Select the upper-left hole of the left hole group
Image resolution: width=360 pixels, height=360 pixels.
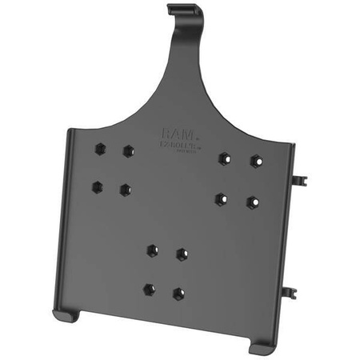[99, 147]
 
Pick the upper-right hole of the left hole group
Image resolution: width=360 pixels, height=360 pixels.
[128, 150]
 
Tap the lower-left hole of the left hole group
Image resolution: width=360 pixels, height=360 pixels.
[97, 186]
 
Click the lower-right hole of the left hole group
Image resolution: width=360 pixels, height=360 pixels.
[126, 190]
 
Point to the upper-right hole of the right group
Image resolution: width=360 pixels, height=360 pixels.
[255, 161]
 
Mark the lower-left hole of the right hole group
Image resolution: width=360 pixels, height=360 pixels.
[221, 197]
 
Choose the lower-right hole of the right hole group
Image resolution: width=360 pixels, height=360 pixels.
[252, 201]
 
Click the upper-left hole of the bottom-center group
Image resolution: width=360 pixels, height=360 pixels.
[151, 250]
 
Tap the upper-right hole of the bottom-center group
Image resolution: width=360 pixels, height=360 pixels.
[182, 254]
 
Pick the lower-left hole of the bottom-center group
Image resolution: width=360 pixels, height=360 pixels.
[148, 289]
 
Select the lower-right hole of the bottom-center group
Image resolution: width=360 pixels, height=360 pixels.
[178, 294]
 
